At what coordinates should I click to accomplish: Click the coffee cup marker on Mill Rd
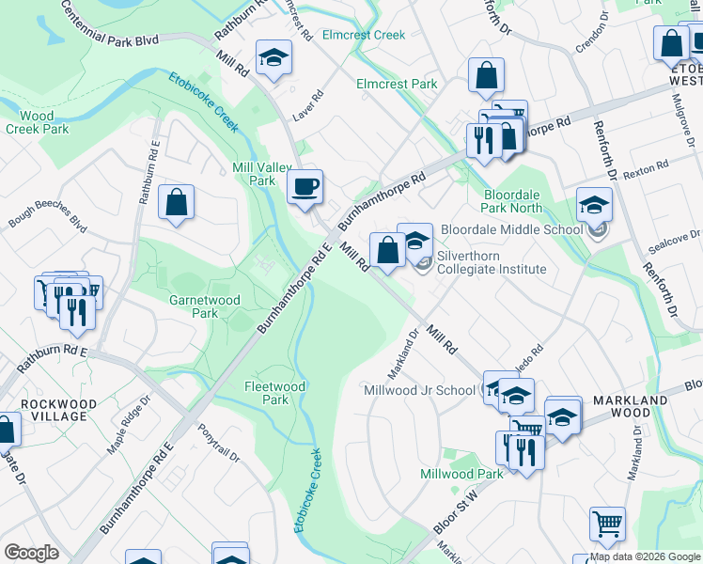pos(305,187)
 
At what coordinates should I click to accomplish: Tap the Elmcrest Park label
pos(397,84)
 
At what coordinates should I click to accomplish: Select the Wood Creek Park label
pos(37,122)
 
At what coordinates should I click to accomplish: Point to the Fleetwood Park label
pos(274,393)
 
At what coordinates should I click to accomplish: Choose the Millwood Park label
pos(461,474)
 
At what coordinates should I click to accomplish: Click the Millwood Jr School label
pos(419,390)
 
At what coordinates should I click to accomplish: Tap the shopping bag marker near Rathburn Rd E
pos(176,202)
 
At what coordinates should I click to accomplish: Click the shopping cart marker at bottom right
pos(607,525)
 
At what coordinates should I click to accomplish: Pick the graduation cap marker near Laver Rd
pos(273,59)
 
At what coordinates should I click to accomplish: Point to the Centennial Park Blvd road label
pos(109,24)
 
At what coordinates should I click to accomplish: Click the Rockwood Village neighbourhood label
pos(59,410)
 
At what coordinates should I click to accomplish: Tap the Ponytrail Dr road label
pos(219,447)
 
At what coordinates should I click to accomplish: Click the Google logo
pos(31,553)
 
